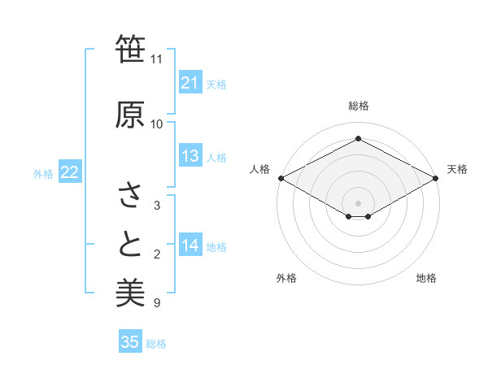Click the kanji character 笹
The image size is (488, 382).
[x=130, y=50]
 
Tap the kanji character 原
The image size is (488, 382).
[x=130, y=115]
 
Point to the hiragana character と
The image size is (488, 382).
[x=130, y=245]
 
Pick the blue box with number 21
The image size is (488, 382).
[x=190, y=83]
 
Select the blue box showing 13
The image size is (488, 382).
[x=190, y=156]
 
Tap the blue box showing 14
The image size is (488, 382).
[x=190, y=245]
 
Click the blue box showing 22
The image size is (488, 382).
[x=69, y=172]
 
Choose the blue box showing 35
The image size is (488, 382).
[x=130, y=342]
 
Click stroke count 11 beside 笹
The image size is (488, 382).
[x=156, y=59]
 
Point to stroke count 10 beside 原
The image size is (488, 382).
[x=156, y=124]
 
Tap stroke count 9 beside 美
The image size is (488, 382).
[x=156, y=303]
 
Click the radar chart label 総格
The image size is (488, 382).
[x=358, y=106]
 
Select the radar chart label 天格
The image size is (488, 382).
[x=457, y=169]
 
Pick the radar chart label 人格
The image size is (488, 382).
[x=259, y=169]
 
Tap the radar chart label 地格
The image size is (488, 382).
[x=426, y=278]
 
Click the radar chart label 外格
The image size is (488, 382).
[x=286, y=278]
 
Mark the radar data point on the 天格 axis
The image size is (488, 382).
[x=437, y=178]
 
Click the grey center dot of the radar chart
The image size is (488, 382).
[x=358, y=202]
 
